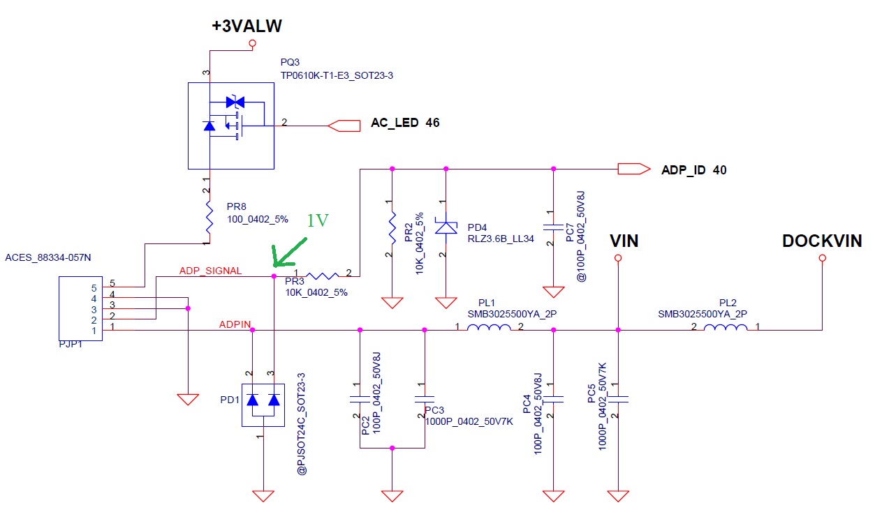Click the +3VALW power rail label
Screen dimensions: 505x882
[247, 27]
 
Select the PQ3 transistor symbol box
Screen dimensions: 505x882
[230, 125]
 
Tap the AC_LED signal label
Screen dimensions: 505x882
[395, 123]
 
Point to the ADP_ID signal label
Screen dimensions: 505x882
[685, 169]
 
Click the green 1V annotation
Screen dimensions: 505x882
[317, 220]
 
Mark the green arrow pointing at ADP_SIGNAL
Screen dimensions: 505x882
[289, 252]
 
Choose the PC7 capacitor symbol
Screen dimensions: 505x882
[553, 227]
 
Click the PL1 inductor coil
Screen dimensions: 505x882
[488, 329]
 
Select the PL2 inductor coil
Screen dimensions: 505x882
[726, 329]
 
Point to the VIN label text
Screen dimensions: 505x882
[624, 241]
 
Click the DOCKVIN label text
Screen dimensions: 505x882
[822, 241]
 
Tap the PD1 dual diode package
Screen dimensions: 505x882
[263, 405]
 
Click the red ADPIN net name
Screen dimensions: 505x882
[235, 324]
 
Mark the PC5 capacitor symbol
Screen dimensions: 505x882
[617, 399]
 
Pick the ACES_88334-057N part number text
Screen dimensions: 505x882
[48, 258]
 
